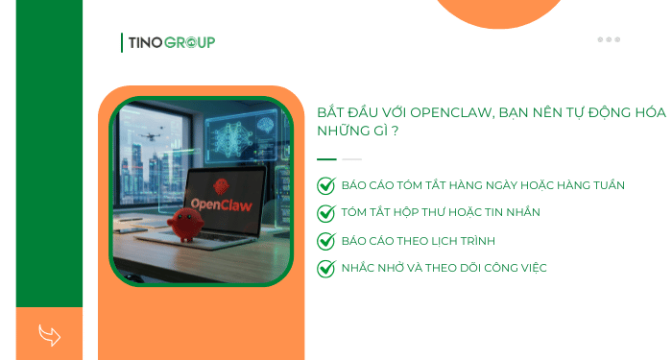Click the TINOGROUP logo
click(169, 42)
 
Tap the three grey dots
click(609, 39)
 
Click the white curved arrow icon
click(49, 335)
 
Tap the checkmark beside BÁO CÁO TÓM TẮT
click(325, 185)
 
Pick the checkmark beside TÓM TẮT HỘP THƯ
click(325, 213)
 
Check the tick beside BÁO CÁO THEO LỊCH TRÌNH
click(325, 241)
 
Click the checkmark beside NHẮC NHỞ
click(325, 269)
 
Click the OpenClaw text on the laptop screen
click(222, 204)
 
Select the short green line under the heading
click(326, 159)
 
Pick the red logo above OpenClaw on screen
click(223, 185)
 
